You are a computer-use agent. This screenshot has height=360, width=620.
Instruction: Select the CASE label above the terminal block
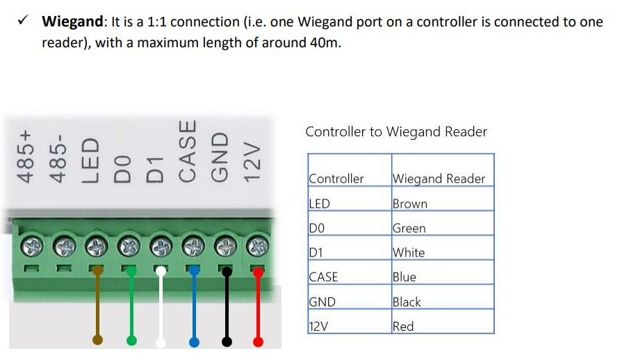tap(188, 152)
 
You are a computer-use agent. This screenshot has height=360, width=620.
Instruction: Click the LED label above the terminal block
tap(91, 161)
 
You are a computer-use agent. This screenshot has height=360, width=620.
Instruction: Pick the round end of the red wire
tap(259, 341)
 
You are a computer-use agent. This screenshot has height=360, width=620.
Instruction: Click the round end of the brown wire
tap(98, 341)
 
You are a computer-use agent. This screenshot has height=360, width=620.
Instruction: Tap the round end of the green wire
tap(131, 341)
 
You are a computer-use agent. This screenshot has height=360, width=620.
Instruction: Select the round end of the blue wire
tap(195, 342)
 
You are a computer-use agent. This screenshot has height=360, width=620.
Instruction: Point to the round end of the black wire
tap(227, 341)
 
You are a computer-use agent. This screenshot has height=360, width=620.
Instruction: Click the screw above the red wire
tap(258, 245)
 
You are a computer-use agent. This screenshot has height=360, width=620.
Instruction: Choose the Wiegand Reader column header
tap(439, 179)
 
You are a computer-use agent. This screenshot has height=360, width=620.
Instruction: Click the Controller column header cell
tap(336, 179)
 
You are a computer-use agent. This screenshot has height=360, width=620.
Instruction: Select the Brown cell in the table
tap(410, 204)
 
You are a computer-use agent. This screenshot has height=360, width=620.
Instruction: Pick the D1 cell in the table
tap(318, 252)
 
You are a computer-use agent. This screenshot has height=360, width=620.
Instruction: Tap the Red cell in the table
tap(403, 326)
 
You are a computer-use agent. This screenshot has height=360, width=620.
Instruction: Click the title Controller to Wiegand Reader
tap(396, 131)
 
